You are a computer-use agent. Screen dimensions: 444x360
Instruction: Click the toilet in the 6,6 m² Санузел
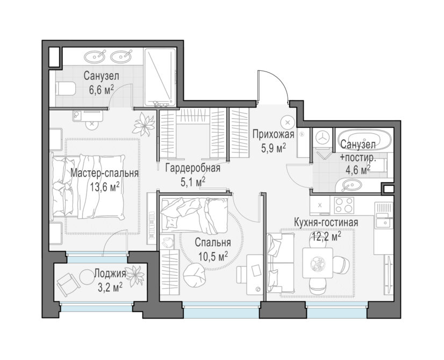point(66,89)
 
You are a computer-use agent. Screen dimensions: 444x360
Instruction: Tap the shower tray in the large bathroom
point(160,77)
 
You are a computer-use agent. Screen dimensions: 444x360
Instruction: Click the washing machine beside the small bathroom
point(322,138)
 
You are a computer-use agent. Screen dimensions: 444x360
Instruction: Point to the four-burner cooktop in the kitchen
point(344,205)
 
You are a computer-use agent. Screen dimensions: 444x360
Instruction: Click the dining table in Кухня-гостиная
point(318,263)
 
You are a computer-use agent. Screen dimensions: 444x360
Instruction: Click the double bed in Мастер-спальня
point(88,186)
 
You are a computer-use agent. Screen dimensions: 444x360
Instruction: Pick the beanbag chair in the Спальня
point(194,275)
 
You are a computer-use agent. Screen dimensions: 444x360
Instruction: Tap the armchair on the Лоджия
point(68,284)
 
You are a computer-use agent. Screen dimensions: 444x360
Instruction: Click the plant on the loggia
point(135,276)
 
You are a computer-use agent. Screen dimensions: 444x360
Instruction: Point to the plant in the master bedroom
point(144,124)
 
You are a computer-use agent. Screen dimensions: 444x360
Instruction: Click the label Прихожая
point(273,134)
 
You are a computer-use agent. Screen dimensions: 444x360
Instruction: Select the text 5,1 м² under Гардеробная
point(193,182)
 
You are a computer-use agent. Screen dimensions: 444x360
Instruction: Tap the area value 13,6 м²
point(104,186)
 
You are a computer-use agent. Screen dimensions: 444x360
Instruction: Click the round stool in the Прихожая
point(288,123)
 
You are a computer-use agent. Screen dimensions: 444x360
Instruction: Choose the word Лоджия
point(110,273)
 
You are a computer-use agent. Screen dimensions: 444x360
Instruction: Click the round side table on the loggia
point(86,277)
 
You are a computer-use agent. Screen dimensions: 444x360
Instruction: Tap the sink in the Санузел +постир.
point(348,186)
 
